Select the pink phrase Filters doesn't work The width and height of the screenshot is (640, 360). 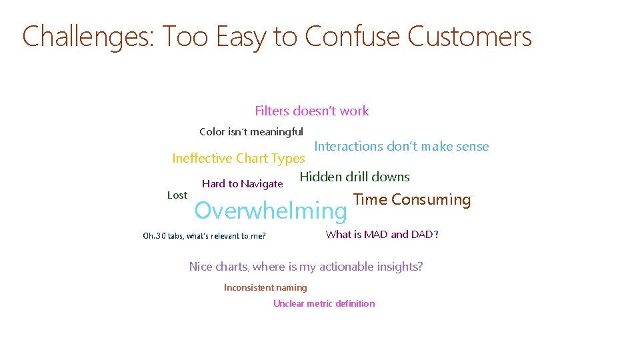coord(311,111)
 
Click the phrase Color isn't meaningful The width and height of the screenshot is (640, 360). coord(251,132)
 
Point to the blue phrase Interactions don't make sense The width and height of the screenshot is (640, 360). coord(401,146)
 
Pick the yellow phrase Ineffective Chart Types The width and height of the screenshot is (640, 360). coord(238,159)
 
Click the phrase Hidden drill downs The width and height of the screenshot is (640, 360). coord(355,177)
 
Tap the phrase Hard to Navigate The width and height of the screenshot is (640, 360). coord(242,184)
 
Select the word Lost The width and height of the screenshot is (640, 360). coord(177,195)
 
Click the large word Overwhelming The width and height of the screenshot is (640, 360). coord(270,211)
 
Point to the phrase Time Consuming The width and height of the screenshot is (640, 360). coord(411,199)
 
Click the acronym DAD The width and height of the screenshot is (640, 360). coord(422,234)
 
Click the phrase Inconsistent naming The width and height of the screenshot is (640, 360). coord(265,288)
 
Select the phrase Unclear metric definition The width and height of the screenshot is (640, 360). coord(324,303)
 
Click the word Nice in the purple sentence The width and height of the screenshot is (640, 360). coord(201,267)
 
